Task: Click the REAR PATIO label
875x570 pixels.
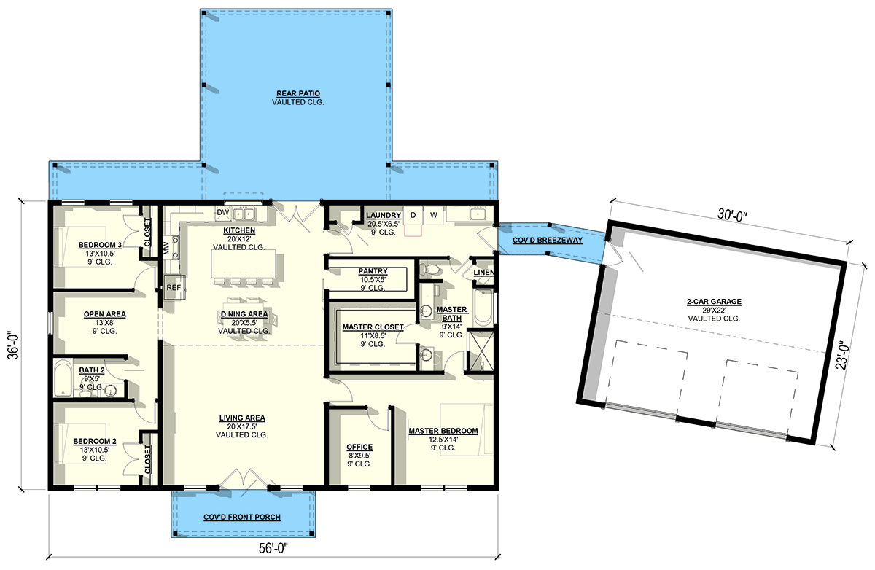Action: click(x=298, y=94)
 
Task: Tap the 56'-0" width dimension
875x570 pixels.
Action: click(x=273, y=549)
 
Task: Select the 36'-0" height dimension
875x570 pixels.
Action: click(x=14, y=345)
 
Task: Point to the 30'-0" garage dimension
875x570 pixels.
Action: click(x=732, y=215)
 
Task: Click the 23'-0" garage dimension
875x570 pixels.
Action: click(x=843, y=356)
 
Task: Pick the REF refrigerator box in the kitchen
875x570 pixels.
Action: click(x=174, y=287)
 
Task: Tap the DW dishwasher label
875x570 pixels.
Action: click(x=222, y=213)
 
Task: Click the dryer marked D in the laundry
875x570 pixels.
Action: click(x=413, y=215)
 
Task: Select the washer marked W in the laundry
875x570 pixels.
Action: click(x=433, y=215)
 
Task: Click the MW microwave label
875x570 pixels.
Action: click(x=166, y=248)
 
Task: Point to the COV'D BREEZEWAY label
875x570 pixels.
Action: click(x=548, y=240)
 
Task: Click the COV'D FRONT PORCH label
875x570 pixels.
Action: click(x=242, y=517)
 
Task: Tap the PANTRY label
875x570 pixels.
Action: click(x=373, y=271)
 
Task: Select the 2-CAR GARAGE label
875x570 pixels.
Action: click(x=714, y=301)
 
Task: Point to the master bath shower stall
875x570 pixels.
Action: click(x=481, y=351)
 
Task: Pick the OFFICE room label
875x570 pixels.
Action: click(x=359, y=447)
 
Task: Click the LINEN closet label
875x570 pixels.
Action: click(x=483, y=273)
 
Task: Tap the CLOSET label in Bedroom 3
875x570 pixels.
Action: click(x=147, y=232)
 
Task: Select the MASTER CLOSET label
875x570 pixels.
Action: click(x=373, y=327)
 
